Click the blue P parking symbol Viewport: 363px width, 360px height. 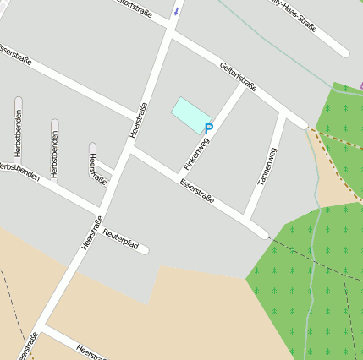pos(209,128)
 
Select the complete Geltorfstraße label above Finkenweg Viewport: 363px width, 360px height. pos(238,77)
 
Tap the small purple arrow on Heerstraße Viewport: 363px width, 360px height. pos(176,11)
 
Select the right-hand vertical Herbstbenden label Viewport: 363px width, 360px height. pos(54,153)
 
